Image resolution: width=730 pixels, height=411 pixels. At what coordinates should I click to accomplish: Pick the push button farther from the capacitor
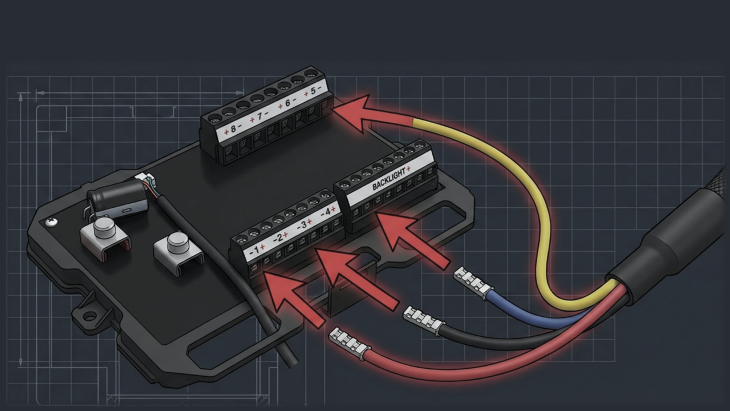[x=179, y=242]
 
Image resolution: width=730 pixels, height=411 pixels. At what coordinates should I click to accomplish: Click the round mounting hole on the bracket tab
[x=90, y=315]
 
